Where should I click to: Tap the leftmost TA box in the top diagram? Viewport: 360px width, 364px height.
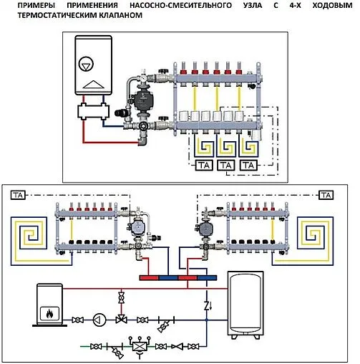203,165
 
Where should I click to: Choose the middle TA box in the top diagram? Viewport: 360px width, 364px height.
226,165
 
